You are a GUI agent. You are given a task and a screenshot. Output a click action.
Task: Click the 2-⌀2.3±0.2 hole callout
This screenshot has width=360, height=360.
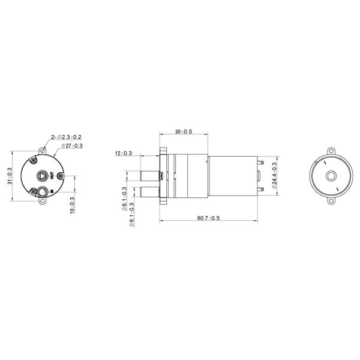coord(67,137)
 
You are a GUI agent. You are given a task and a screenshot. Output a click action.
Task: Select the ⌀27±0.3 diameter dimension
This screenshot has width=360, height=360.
coord(71,146)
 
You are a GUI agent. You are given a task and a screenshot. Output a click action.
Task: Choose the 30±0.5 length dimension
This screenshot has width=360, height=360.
coord(182,131)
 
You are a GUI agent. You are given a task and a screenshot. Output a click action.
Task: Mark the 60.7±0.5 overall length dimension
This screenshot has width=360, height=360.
coord(206,217)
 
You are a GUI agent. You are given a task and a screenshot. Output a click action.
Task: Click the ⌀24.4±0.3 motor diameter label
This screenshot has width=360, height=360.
coord(274,176)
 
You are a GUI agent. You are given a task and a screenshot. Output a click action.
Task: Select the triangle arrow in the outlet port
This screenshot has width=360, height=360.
coord(42,176)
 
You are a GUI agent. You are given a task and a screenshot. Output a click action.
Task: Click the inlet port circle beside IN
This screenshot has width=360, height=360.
coord(42,192)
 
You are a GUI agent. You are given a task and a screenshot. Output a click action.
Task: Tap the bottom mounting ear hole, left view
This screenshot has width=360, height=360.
coord(43,203)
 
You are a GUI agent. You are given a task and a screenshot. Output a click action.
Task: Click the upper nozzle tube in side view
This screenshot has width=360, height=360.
coord(149,175)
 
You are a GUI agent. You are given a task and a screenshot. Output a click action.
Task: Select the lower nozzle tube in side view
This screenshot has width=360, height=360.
coord(149,193)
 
